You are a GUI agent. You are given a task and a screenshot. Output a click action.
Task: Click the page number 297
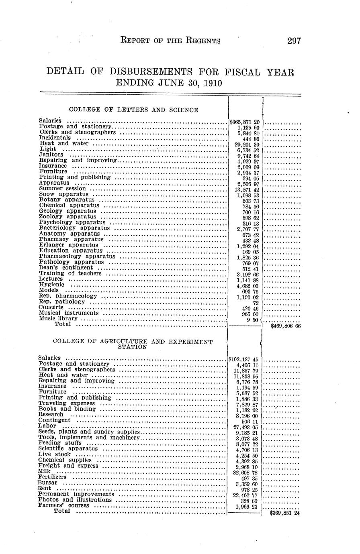(x=294, y=41)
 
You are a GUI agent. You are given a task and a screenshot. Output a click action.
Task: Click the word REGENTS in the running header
(x=199, y=41)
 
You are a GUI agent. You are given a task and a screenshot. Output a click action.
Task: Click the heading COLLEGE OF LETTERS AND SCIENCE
(x=133, y=110)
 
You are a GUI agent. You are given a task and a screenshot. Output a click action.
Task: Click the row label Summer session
(x=62, y=188)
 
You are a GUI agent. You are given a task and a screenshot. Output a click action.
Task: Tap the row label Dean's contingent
(x=66, y=267)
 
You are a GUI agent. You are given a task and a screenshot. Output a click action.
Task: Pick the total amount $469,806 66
(x=285, y=327)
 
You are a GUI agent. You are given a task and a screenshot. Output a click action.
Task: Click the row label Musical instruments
(x=69, y=313)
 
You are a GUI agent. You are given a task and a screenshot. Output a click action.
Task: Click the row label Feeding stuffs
(x=60, y=443)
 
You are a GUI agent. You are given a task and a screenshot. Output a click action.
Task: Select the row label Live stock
(x=54, y=454)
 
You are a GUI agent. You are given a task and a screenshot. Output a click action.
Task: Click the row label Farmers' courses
(x=63, y=505)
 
